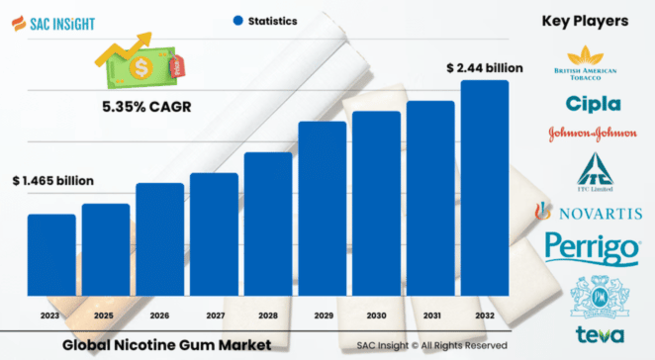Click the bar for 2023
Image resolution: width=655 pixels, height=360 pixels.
click(51, 261)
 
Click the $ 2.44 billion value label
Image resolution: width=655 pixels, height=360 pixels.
click(484, 67)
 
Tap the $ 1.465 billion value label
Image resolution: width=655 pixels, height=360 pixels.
click(52, 181)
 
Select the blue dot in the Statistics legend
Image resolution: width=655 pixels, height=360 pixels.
click(238, 20)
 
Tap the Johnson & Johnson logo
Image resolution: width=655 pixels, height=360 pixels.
click(594, 134)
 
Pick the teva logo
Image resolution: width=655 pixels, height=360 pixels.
click(594, 334)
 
